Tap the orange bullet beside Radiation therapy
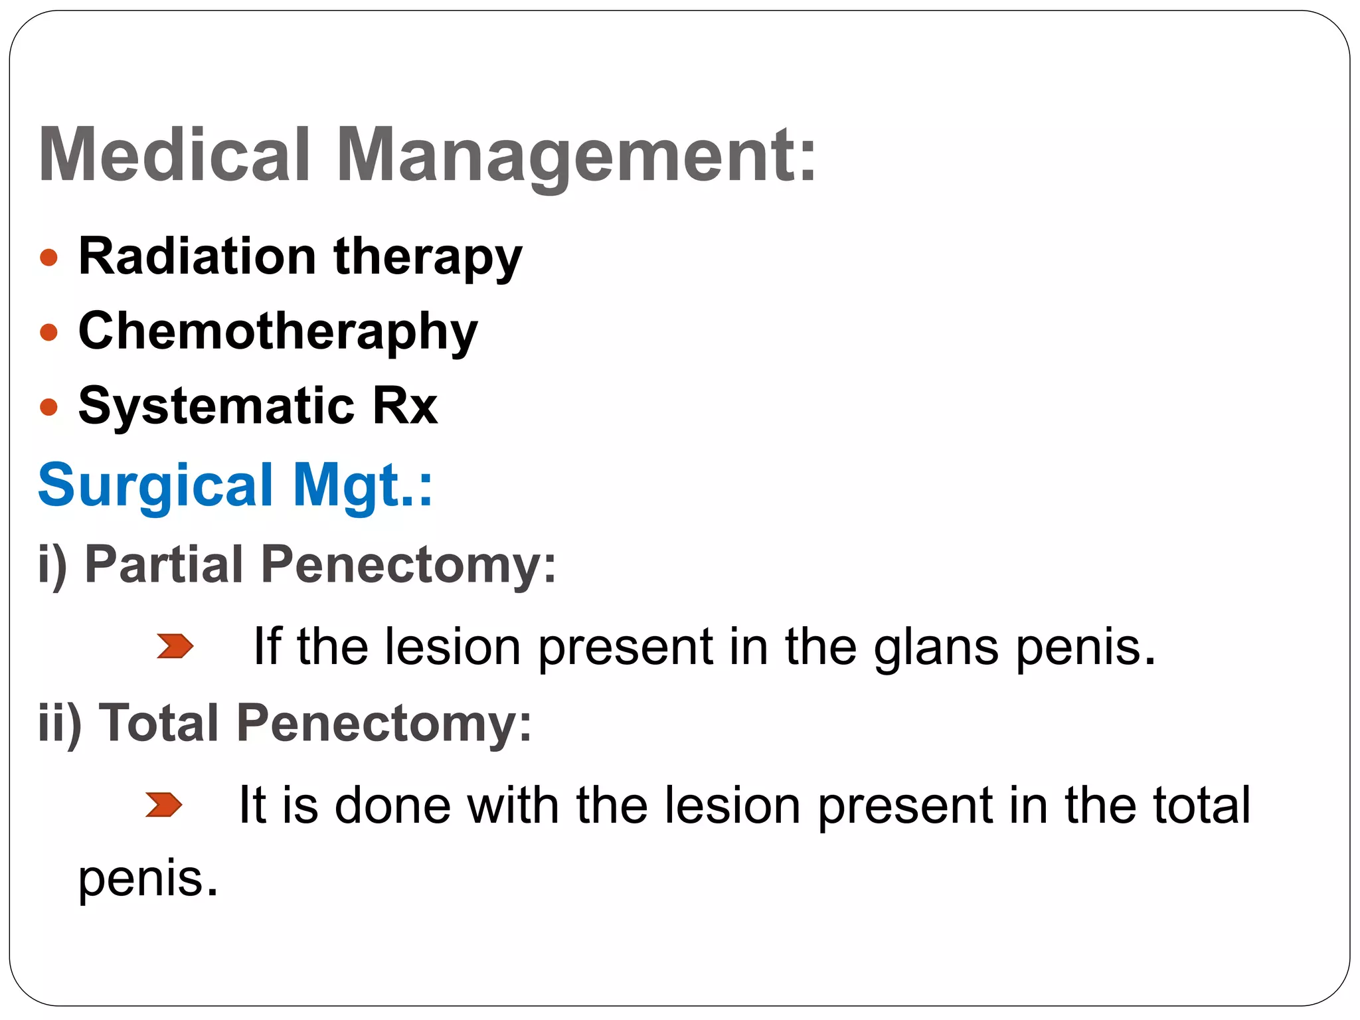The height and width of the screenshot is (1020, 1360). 48,257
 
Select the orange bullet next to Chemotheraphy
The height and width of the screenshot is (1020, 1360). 48,331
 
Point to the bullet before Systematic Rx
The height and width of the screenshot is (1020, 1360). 48,406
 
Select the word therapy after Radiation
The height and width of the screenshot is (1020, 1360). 428,258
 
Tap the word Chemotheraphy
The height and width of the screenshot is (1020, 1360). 278,331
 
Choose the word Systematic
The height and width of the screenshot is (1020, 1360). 216,406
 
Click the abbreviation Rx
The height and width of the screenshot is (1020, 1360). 404,406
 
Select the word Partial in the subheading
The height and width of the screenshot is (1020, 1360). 164,564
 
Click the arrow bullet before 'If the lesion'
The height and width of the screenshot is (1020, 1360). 175,646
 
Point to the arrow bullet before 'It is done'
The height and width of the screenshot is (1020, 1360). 163,804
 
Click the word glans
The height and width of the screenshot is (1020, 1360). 936,647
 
